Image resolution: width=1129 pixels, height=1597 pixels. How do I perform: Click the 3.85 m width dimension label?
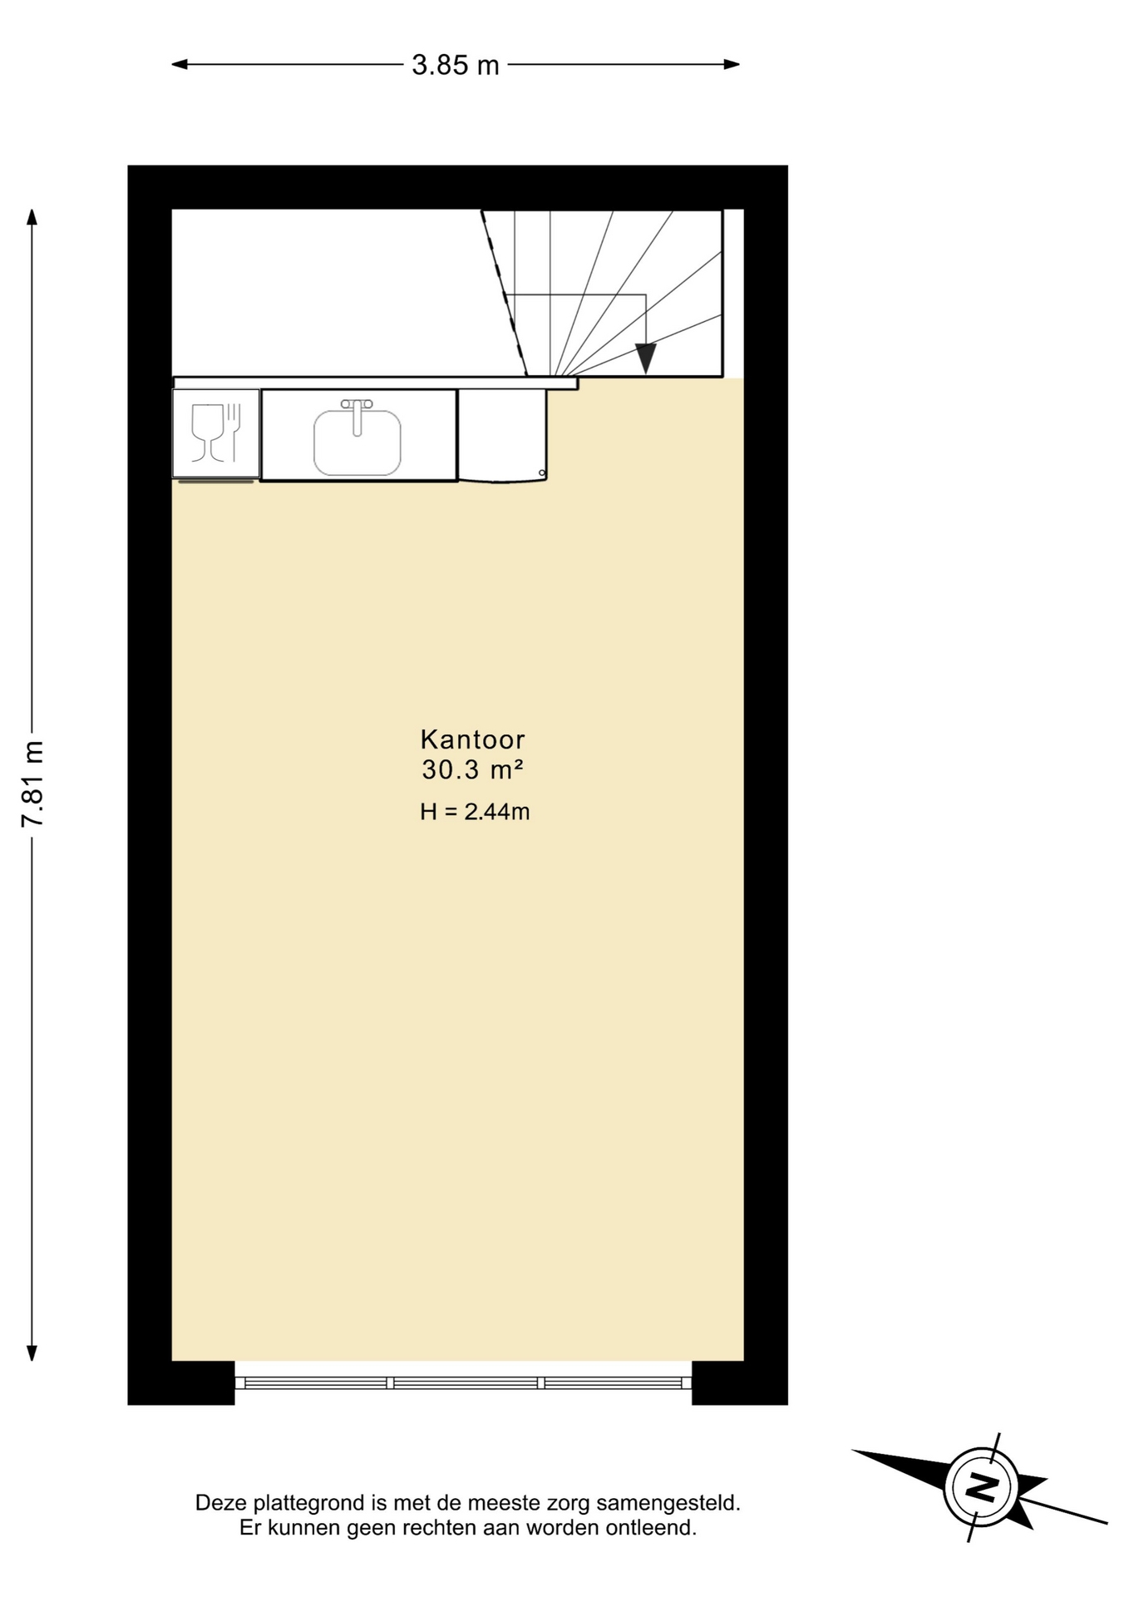pos(456,65)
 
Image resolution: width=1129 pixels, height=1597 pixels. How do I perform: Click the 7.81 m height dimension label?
pos(32,784)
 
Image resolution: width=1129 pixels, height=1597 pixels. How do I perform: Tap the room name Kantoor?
pos(472,739)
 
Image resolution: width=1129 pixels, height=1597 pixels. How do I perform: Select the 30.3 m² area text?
pos(472,769)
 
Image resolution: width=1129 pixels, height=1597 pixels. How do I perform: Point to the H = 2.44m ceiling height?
pos(475,811)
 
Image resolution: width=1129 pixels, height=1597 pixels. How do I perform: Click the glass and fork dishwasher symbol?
pos(216,433)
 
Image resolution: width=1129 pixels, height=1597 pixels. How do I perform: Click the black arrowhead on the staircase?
pos(646,358)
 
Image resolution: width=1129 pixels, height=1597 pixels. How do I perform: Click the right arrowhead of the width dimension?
pos(732,64)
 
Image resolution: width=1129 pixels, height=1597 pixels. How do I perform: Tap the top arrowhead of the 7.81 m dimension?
pos(32,217)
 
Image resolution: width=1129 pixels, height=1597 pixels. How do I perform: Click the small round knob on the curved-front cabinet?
pos(542,473)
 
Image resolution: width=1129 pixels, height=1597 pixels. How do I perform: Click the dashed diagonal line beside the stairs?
pos(504,293)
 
